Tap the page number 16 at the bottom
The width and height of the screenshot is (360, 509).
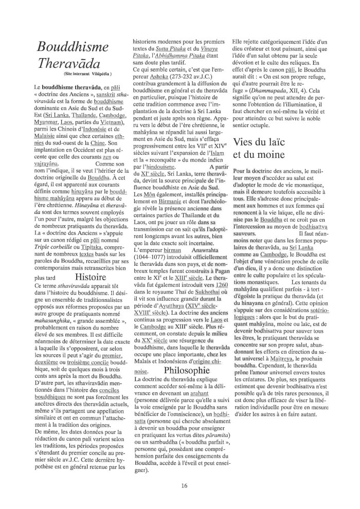tap(184, 485)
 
